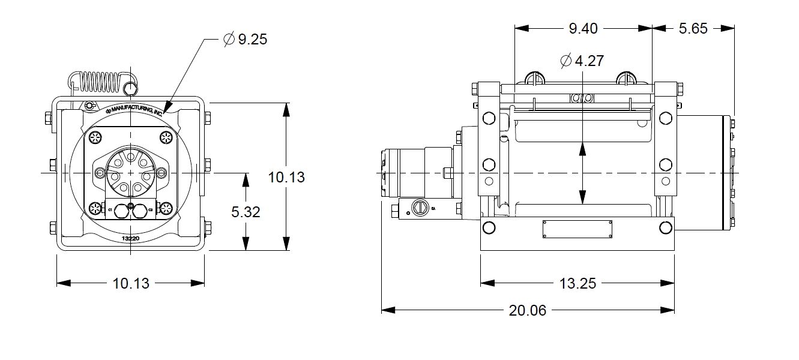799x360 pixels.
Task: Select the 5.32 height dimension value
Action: pyautogui.click(x=246, y=212)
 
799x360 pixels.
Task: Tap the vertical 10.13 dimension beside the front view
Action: pyautogui.click(x=286, y=177)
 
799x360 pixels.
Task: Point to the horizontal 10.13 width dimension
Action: pyautogui.click(x=131, y=283)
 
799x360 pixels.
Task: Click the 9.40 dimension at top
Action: pyautogui.click(x=583, y=28)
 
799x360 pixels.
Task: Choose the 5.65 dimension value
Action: pyautogui.click(x=693, y=28)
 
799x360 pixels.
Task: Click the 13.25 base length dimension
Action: pyautogui.click(x=577, y=283)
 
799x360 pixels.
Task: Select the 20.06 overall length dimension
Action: pyautogui.click(x=528, y=310)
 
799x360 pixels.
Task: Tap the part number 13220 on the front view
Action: pyautogui.click(x=131, y=238)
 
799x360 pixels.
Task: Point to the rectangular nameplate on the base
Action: pyautogui.click(x=577, y=229)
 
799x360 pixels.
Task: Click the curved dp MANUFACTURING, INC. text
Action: pyautogui.click(x=134, y=109)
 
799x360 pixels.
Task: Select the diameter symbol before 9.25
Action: pyautogui.click(x=229, y=40)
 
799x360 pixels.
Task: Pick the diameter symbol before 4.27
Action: pyautogui.click(x=565, y=61)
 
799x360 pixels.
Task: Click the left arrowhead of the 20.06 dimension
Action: pyautogui.click(x=388, y=310)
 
